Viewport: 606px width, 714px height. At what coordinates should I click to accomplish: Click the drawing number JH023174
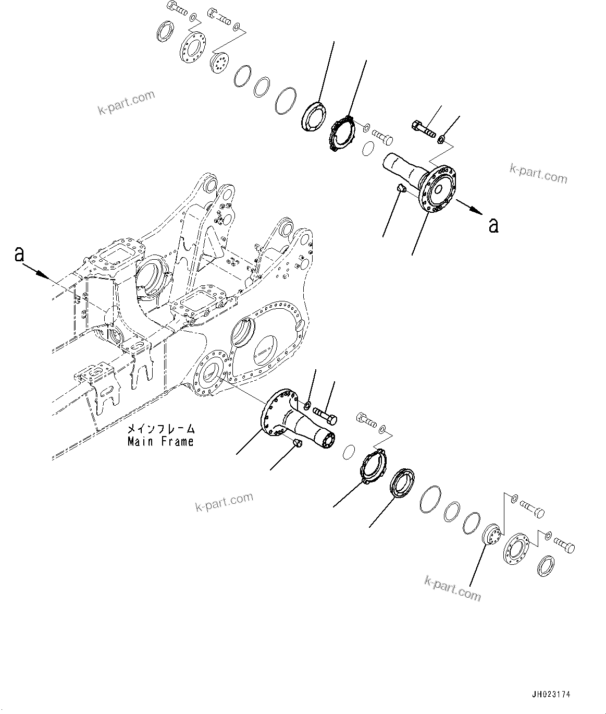pos(551,694)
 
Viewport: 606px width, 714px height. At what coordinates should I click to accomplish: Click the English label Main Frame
pos(160,441)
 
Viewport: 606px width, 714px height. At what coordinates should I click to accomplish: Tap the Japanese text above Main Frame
pos(162,429)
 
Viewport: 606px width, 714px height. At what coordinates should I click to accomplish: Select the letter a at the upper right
pos(493,225)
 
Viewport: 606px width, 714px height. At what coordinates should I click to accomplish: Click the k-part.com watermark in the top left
pos(126,103)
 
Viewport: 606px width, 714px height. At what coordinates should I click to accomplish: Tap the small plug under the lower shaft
pos(298,443)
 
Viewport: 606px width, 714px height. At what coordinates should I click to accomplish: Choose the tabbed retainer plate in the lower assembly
pos(374,463)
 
